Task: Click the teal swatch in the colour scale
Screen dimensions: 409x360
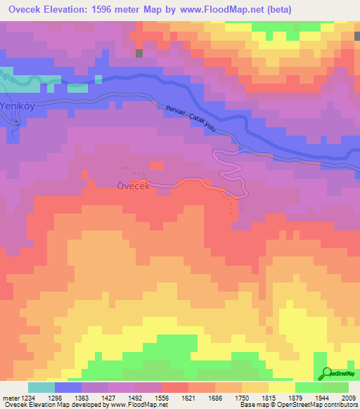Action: point(41,387)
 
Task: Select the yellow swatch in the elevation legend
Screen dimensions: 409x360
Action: point(281,387)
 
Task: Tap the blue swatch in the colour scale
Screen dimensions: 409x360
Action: point(68,387)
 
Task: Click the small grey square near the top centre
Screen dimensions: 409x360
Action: point(139,53)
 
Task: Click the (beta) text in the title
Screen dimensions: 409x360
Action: point(277,8)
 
